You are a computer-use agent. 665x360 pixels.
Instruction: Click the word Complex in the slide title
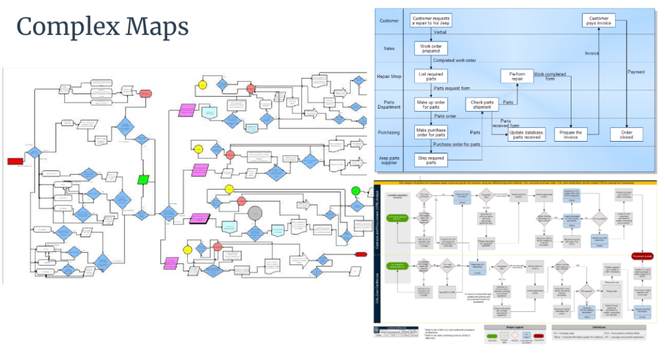pyautogui.click(x=66, y=27)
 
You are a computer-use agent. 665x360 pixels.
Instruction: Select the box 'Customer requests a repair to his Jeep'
pyautogui.click(x=431, y=21)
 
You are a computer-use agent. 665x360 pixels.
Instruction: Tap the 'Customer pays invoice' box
pyautogui.click(x=598, y=21)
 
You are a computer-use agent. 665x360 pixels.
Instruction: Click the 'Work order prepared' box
pyautogui.click(x=431, y=48)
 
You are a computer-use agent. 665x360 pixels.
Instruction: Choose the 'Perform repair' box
pyautogui.click(x=517, y=76)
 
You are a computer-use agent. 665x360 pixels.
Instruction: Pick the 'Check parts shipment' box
pyautogui.click(x=483, y=105)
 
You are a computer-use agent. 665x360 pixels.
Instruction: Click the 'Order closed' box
pyautogui.click(x=627, y=134)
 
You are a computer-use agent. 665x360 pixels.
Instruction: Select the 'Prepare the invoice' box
pyautogui.click(x=570, y=134)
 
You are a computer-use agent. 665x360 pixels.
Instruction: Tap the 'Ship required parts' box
pyautogui.click(x=431, y=160)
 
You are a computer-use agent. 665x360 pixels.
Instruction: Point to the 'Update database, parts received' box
pyautogui.click(x=527, y=134)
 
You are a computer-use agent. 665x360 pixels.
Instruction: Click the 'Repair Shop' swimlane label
pyautogui.click(x=389, y=76)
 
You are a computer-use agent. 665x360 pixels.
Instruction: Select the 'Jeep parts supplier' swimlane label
pyautogui.click(x=389, y=160)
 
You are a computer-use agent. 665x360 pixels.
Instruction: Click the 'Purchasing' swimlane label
pyautogui.click(x=389, y=133)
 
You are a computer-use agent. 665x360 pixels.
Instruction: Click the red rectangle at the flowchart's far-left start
pyautogui.click(x=15, y=161)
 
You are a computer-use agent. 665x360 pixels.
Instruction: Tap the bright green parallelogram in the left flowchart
pyautogui.click(x=144, y=179)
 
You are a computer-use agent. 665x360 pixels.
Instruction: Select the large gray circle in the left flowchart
pyautogui.click(x=255, y=213)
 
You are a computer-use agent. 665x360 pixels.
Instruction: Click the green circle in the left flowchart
pyautogui.click(x=355, y=191)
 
